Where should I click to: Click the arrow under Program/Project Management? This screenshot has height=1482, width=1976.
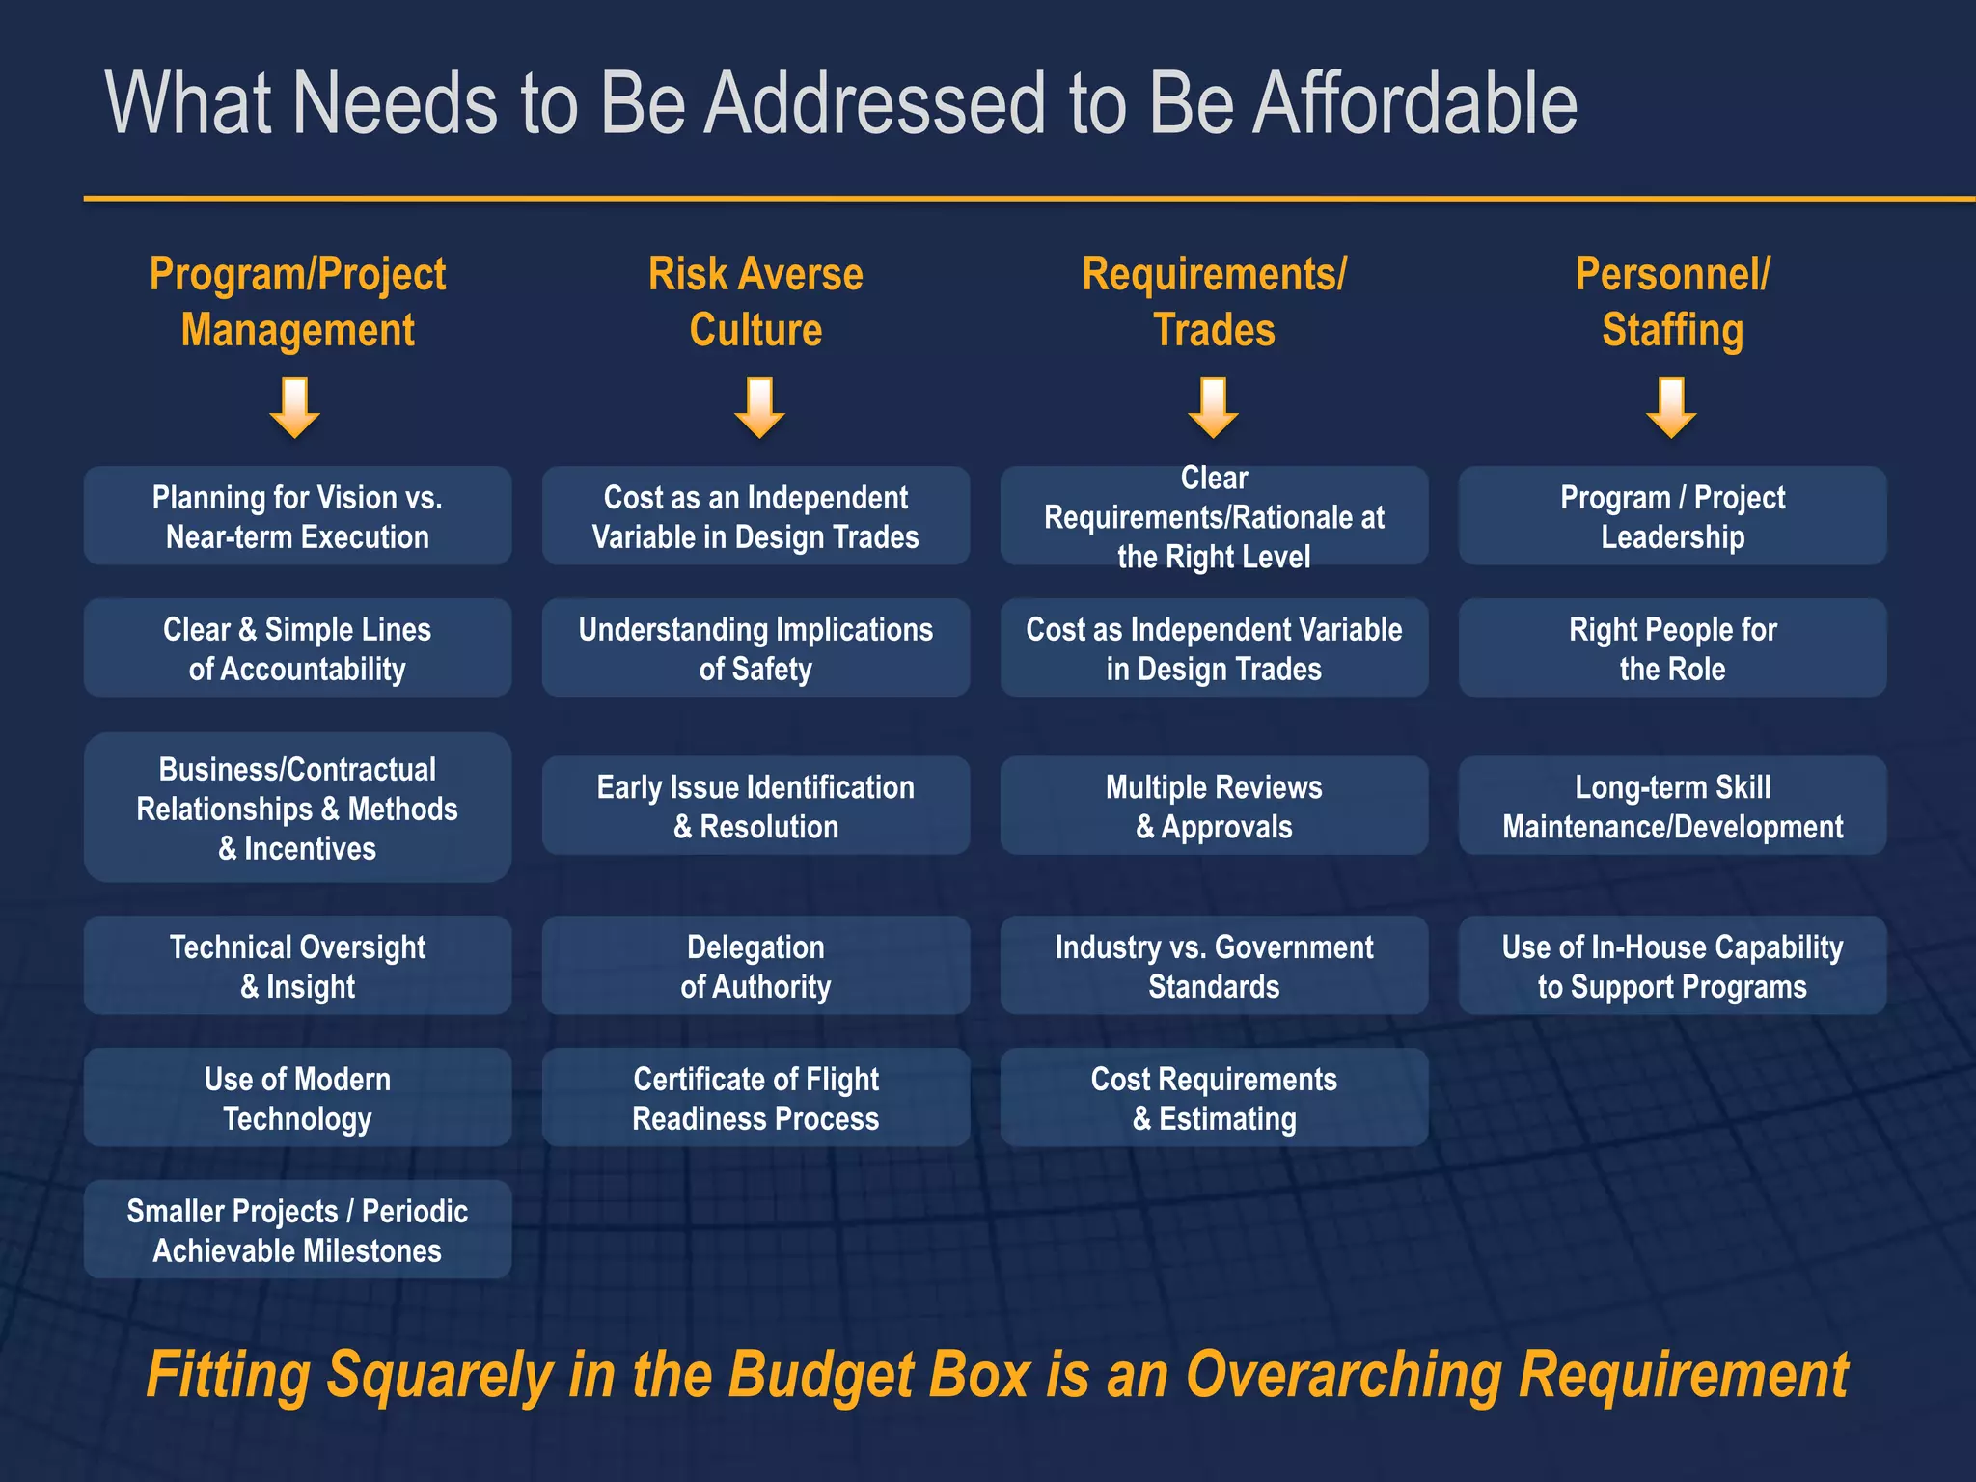[x=295, y=408]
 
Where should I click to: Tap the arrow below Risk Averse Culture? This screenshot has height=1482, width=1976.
[x=759, y=408]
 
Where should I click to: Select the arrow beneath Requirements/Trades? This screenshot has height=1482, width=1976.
[x=1213, y=408]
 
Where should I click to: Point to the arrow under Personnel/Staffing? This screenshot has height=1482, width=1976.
[x=1671, y=408]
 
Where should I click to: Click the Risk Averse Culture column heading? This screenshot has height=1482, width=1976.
[x=755, y=302]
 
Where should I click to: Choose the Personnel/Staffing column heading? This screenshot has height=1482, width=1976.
[x=1672, y=302]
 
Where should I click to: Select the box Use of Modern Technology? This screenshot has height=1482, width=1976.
[x=297, y=1098]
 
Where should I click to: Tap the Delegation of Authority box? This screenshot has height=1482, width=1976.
[x=755, y=966]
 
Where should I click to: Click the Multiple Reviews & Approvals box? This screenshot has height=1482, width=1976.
[x=1214, y=807]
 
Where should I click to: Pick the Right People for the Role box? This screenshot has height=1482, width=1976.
[x=1672, y=648]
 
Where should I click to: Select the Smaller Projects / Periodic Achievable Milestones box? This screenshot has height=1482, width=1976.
[x=297, y=1230]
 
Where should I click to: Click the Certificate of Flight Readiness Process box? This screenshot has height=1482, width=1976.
[x=755, y=1098]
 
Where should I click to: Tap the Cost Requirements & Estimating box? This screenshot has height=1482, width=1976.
[x=1214, y=1098]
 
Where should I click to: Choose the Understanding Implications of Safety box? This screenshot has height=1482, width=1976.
[x=755, y=648]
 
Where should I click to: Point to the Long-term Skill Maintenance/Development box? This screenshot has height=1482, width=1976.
[x=1672, y=807]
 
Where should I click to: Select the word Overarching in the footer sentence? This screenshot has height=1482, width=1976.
[x=1342, y=1374]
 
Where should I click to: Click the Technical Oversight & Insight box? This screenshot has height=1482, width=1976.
[x=297, y=966]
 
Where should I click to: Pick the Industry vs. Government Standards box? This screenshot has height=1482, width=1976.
[x=1214, y=966]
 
